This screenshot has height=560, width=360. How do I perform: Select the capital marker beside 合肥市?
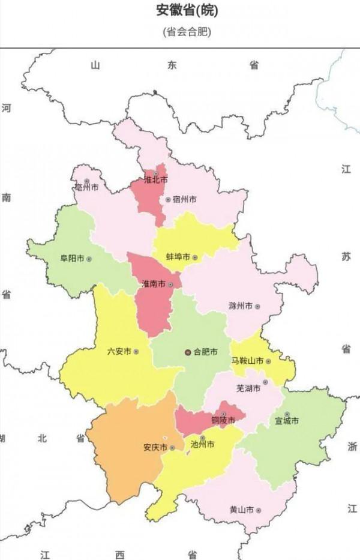pos(188,352)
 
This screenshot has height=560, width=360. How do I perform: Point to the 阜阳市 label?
pos(72,259)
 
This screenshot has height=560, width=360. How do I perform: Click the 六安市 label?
pos(118,352)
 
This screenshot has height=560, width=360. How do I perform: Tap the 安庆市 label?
pos(155,447)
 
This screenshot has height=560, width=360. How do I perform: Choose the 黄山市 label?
pos(241,510)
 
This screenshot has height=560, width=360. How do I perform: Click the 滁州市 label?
pos(241,306)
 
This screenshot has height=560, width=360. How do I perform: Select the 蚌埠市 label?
pos(178,257)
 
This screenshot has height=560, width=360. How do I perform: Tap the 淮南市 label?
pos(154,284)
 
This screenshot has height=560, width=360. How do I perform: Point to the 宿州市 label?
pos(184,199)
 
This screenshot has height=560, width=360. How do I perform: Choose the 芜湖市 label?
pos(249,389)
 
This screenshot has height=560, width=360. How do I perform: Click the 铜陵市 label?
pos(223,420)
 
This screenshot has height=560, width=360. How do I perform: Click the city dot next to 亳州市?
pos(87,181)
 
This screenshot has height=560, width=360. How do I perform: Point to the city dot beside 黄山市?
pos(258,510)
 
